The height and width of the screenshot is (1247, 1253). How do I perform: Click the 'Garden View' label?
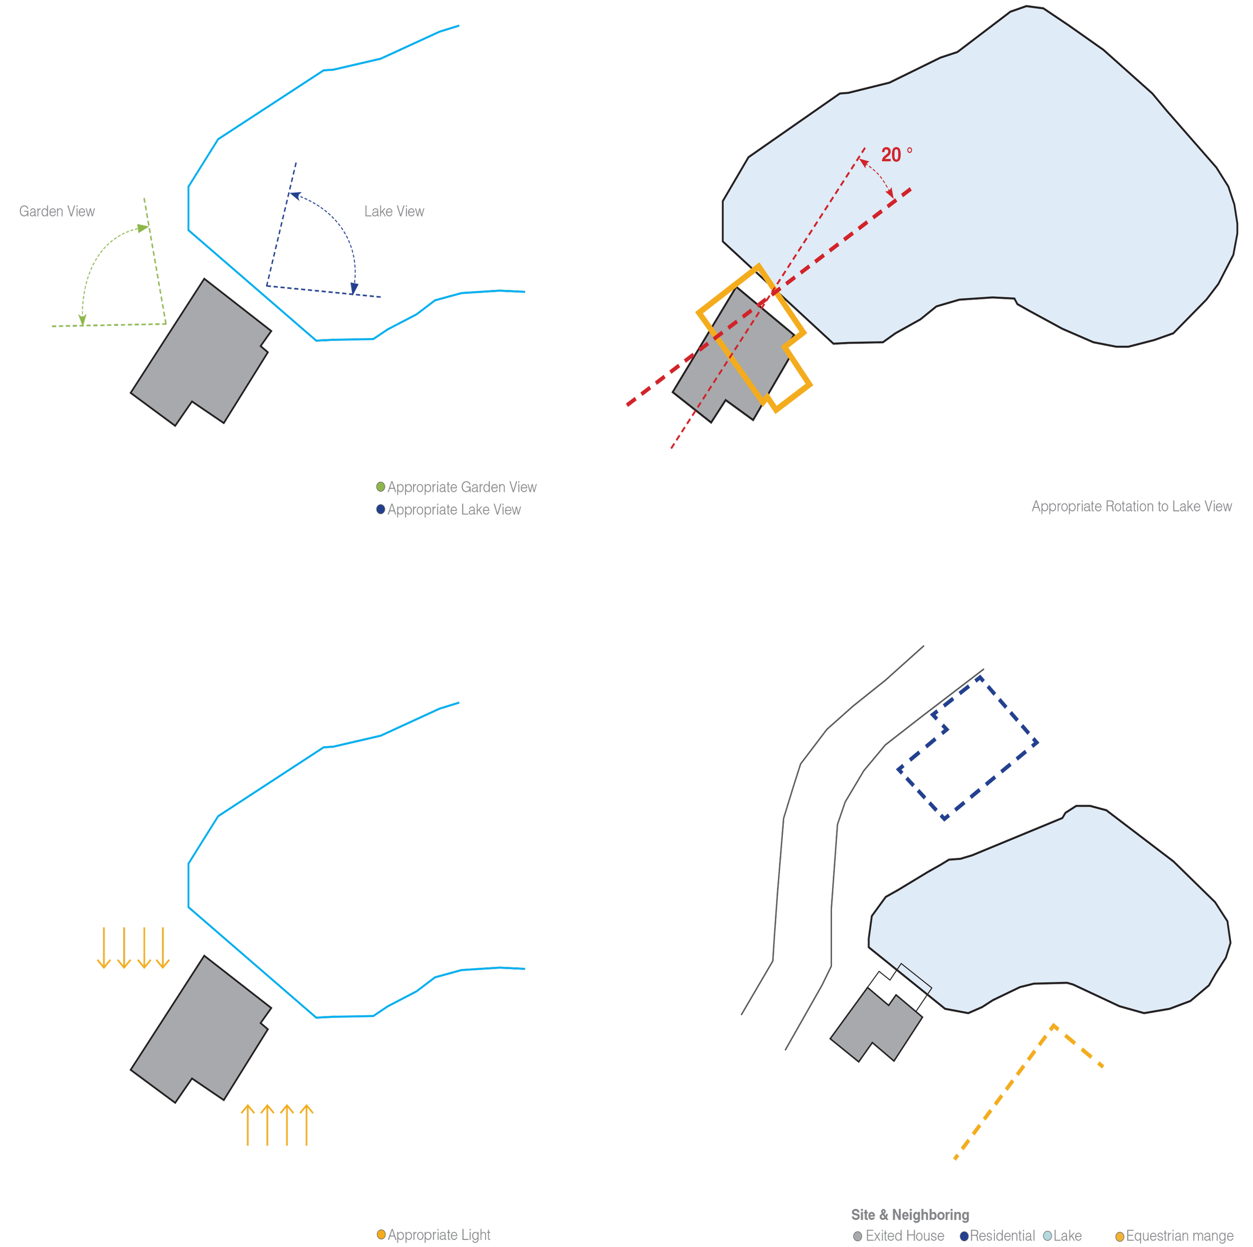(57, 212)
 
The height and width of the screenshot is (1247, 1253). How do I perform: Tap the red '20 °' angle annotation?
(896, 154)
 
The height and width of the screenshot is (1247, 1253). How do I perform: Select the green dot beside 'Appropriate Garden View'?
(381, 486)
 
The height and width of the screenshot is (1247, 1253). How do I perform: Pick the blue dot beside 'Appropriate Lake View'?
(381, 509)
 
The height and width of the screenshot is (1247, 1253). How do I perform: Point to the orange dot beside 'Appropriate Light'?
(381, 1234)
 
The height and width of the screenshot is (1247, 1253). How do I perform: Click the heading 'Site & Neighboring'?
(910, 1214)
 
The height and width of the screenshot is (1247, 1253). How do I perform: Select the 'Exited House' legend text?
(905, 1235)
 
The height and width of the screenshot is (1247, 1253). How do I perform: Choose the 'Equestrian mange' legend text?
(1180, 1236)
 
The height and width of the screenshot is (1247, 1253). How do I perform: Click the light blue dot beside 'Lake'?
(1048, 1236)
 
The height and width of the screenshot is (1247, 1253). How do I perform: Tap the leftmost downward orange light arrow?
(104, 948)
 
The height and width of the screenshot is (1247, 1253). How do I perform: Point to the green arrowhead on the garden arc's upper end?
(143, 228)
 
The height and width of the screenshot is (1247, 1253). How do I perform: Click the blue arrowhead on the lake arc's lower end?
(354, 289)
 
